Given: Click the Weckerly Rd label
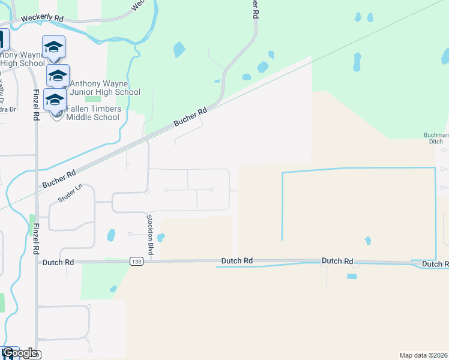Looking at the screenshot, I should coord(42,18).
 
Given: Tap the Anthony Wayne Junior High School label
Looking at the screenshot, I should coord(105,88).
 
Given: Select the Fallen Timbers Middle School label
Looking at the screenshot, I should coord(93,113).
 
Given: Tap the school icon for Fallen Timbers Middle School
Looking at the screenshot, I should coord(55,100).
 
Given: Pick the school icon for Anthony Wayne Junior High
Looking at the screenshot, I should coord(58,76).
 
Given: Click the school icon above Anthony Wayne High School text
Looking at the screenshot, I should coord(53,47).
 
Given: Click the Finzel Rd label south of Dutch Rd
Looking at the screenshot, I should coord(36,239).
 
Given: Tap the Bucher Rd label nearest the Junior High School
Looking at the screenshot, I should coord(190,116).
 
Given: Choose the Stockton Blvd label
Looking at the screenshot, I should coord(150,236).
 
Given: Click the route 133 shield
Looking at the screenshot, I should coord(135,262).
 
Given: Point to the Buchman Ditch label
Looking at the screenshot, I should coord(432,138).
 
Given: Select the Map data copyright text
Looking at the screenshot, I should coord(424,355).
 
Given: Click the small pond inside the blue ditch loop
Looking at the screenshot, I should coord(367,241).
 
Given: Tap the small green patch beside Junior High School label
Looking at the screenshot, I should coord(93,99).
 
